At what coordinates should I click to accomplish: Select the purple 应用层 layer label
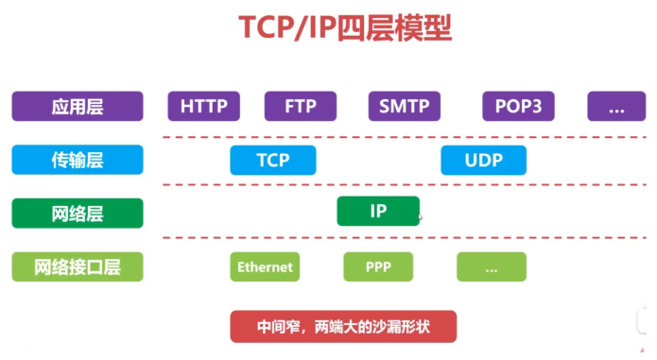pyautogui.click(x=78, y=106)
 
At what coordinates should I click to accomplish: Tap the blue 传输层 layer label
pyautogui.click(x=78, y=160)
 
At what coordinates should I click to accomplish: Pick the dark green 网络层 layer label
pyautogui.click(x=78, y=213)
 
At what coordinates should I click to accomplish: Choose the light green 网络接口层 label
pyautogui.click(x=78, y=267)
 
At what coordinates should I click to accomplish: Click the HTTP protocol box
pyautogui.click(x=203, y=106)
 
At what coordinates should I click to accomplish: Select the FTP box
pyautogui.click(x=300, y=106)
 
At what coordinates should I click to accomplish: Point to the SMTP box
pyautogui.click(x=404, y=106)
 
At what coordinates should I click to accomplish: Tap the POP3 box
pyautogui.click(x=518, y=106)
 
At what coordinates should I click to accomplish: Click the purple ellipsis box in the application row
pyautogui.click(x=616, y=106)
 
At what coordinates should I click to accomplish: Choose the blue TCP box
pyautogui.click(x=273, y=160)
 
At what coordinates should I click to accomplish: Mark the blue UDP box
pyautogui.click(x=483, y=160)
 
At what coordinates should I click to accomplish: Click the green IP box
pyautogui.click(x=378, y=211)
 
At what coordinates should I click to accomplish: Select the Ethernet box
pyautogui.click(x=265, y=267)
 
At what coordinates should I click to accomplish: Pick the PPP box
pyautogui.click(x=378, y=267)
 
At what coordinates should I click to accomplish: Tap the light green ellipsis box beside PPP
pyautogui.click(x=492, y=267)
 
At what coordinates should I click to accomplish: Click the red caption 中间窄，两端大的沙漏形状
pyautogui.click(x=343, y=327)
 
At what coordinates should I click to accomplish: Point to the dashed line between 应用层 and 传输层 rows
pyautogui.click(x=397, y=136)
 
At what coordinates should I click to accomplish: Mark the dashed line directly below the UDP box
pyautogui.click(x=483, y=185)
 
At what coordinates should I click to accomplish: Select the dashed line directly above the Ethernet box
pyautogui.click(x=265, y=238)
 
